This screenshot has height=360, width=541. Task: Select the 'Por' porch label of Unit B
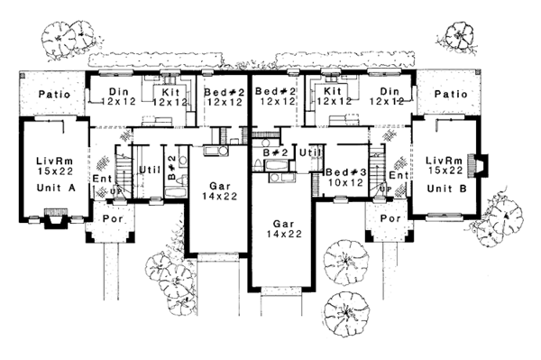click(390, 217)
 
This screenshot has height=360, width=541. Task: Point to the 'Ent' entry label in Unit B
click(394, 175)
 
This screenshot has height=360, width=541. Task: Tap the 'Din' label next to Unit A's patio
click(119, 92)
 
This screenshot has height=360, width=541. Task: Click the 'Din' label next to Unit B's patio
click(390, 92)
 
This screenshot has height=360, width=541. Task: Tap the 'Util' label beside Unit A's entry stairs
click(149, 169)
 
